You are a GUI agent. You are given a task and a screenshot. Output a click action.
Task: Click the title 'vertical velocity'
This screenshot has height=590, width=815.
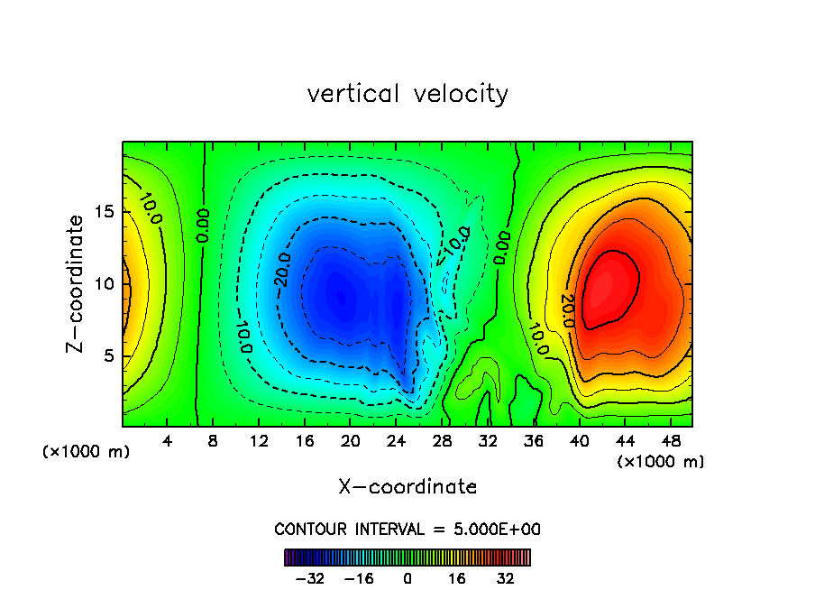click(407, 94)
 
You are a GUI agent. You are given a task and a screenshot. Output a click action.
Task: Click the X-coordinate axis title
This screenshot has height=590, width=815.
click(407, 487)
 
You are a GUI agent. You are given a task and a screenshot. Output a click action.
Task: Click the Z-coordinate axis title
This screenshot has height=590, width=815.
click(77, 283)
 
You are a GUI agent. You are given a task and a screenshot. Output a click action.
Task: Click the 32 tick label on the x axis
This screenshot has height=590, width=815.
click(488, 442)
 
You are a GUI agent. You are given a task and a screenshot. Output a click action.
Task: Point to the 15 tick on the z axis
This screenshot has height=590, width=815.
click(105, 212)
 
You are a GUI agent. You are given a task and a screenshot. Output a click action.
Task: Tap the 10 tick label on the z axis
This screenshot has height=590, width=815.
click(105, 284)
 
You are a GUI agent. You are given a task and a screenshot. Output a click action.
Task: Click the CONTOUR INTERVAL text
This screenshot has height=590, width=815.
click(407, 529)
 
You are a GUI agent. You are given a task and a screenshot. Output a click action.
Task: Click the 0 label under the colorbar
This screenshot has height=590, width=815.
click(407, 578)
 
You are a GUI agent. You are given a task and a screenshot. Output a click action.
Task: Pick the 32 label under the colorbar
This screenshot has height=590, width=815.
click(506, 578)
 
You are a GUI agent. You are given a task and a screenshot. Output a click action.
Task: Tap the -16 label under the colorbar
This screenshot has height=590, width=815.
click(359, 578)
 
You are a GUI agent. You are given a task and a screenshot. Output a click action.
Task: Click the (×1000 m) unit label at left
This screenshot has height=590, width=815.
click(87, 452)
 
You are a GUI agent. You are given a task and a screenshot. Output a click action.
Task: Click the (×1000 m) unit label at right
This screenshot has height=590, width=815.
click(661, 462)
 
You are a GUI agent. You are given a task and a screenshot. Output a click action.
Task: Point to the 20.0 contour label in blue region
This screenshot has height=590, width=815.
click(282, 272)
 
